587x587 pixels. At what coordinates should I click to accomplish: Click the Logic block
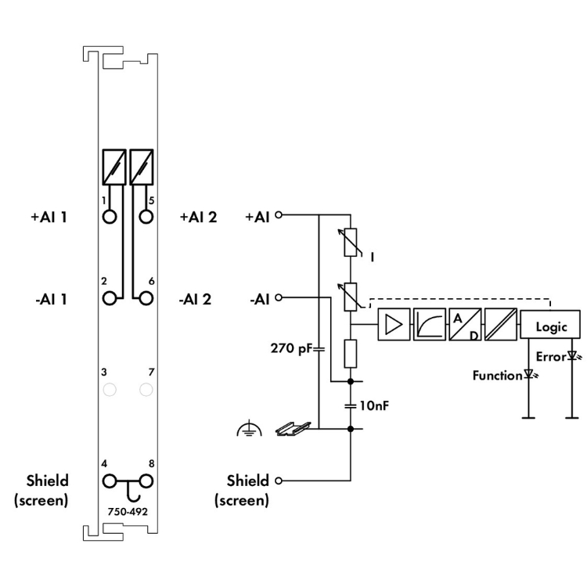(x=550, y=325)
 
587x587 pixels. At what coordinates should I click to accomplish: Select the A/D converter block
(x=465, y=324)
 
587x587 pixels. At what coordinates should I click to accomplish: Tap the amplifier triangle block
(x=394, y=324)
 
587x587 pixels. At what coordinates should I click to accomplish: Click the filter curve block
(x=430, y=324)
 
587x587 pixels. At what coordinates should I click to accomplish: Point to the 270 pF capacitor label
(x=291, y=348)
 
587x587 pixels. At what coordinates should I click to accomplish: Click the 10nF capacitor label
(x=374, y=405)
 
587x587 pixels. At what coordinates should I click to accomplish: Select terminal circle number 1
(x=110, y=216)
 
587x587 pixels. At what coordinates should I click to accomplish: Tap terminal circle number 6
(x=146, y=298)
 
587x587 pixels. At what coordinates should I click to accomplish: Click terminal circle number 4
(x=110, y=481)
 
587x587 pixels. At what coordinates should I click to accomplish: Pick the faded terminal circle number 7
(x=146, y=390)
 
